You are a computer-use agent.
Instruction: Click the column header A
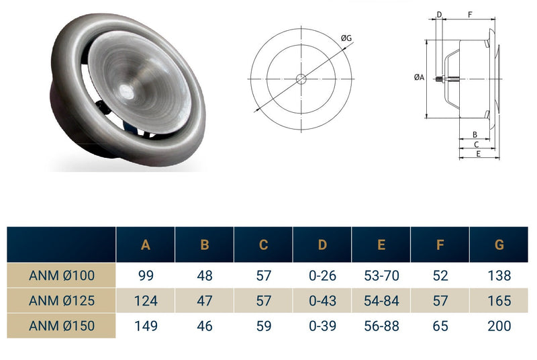(146, 245)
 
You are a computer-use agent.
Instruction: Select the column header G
(499, 245)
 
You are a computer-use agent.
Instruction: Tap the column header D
(322, 245)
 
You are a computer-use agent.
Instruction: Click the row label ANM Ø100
(62, 275)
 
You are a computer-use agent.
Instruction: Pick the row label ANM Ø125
(62, 301)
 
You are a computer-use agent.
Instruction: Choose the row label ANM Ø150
(62, 326)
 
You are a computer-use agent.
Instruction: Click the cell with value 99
(146, 275)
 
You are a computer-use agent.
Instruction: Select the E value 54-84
(381, 301)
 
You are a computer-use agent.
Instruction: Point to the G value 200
(499, 326)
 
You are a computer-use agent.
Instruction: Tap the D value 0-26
(322, 275)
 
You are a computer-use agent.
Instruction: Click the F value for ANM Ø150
(440, 326)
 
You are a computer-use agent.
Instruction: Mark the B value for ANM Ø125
(205, 301)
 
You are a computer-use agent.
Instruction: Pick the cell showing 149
(146, 326)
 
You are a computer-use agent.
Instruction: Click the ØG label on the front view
(346, 39)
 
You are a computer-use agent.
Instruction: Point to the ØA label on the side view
(418, 78)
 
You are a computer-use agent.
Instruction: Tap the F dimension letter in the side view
(469, 14)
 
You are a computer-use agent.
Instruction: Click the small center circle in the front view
(301, 79)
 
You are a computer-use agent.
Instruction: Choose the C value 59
(264, 326)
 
